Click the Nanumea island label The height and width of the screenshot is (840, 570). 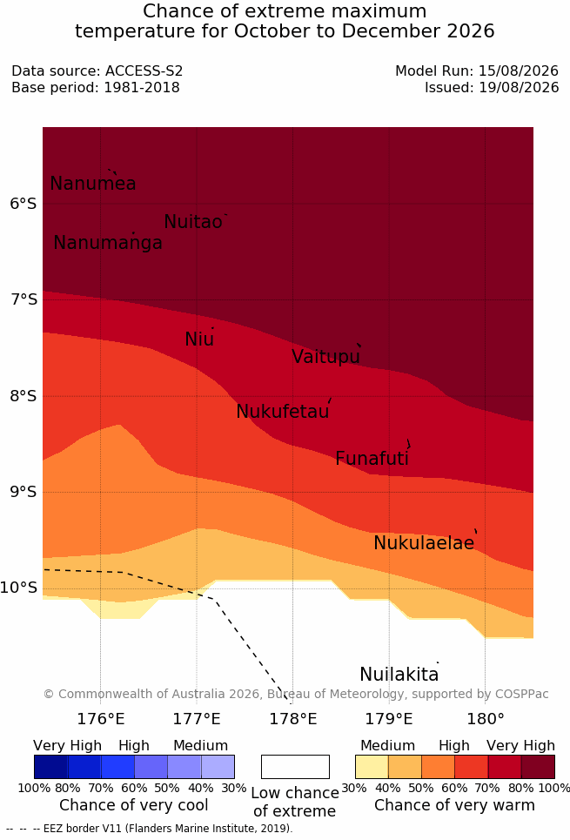[92, 183]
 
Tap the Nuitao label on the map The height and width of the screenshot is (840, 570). [193, 221]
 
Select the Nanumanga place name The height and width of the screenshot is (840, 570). [108, 243]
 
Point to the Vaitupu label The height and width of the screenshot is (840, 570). [325, 356]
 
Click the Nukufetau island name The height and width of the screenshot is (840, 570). [282, 412]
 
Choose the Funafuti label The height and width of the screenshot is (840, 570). [372, 458]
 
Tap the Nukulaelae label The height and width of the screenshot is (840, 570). [424, 542]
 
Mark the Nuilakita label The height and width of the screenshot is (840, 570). [399, 674]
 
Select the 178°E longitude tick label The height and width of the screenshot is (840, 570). [292, 718]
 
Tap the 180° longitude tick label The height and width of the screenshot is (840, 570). [486, 718]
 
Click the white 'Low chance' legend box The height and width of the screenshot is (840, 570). [295, 767]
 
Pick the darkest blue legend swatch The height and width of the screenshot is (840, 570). [50, 767]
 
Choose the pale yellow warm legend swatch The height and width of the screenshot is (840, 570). [372, 767]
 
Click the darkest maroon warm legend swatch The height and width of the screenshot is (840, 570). [538, 767]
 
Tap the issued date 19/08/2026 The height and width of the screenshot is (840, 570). [519, 87]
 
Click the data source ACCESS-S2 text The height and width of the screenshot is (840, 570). [144, 71]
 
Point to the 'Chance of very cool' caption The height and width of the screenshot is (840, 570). [134, 805]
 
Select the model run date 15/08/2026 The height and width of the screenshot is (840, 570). [519, 71]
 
